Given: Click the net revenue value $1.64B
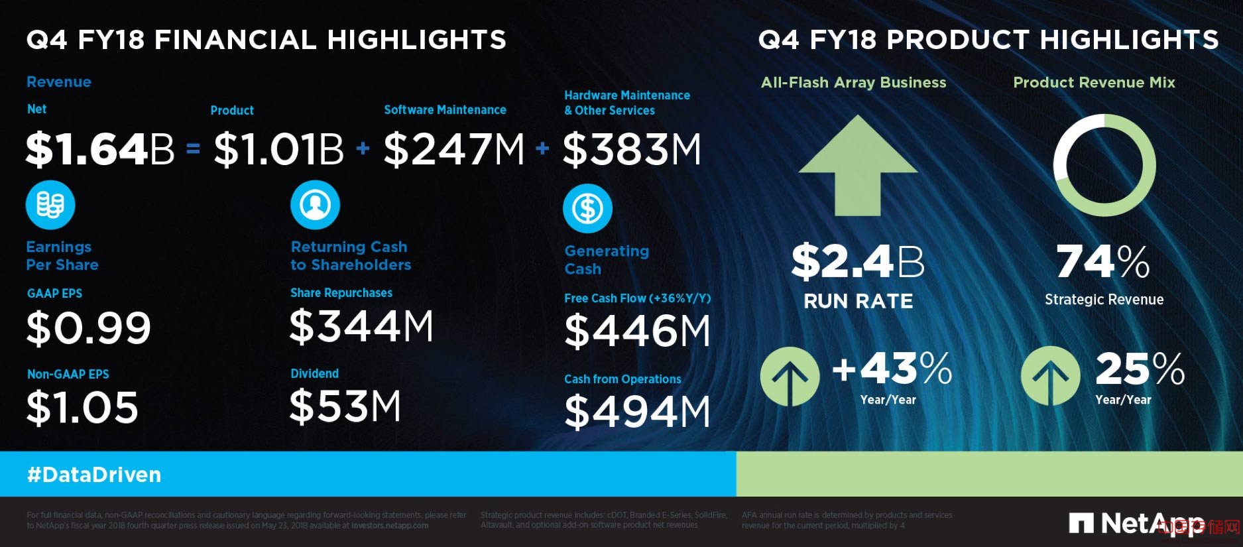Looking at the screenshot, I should (99, 149).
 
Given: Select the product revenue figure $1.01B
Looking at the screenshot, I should (278, 149).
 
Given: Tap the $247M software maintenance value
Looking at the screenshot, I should (454, 149).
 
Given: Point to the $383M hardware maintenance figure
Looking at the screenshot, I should (632, 149).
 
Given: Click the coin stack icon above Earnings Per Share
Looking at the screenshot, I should (50, 205).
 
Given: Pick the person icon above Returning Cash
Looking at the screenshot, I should (315, 205).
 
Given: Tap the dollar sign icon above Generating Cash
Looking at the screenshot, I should (587, 209).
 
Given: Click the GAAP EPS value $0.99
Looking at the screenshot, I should (89, 328).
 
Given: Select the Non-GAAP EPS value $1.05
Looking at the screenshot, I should (82, 407).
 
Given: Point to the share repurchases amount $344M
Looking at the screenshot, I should (361, 326).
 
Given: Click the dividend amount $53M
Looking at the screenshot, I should (345, 406).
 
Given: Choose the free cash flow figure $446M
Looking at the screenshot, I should (637, 331).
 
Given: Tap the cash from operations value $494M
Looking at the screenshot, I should (637, 412).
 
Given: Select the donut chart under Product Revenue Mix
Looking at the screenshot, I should (1104, 165).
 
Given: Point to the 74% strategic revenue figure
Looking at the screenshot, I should (1103, 262).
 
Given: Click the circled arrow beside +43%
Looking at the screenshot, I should (790, 377).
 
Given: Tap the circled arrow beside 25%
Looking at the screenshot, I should (1050, 377).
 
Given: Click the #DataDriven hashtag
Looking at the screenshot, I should (94, 475).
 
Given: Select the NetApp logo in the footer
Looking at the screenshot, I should (1136, 524).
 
